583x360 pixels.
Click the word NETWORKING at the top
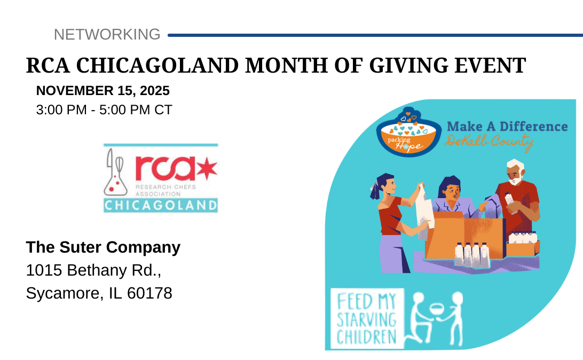(107, 35)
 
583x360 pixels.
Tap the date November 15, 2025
(103, 91)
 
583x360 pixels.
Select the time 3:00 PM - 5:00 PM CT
(104, 110)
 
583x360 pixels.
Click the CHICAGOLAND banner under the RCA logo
(161, 205)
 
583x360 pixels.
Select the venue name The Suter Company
(103, 247)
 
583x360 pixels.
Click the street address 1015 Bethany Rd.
(93, 270)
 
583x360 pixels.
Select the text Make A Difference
(507, 127)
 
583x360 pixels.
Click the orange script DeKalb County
(489, 142)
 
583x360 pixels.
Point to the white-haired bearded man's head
(515, 172)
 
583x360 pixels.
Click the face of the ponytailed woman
(389, 184)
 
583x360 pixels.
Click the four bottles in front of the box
(472, 255)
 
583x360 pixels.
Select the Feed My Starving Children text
(367, 319)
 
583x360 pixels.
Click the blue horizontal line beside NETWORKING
(375, 35)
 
